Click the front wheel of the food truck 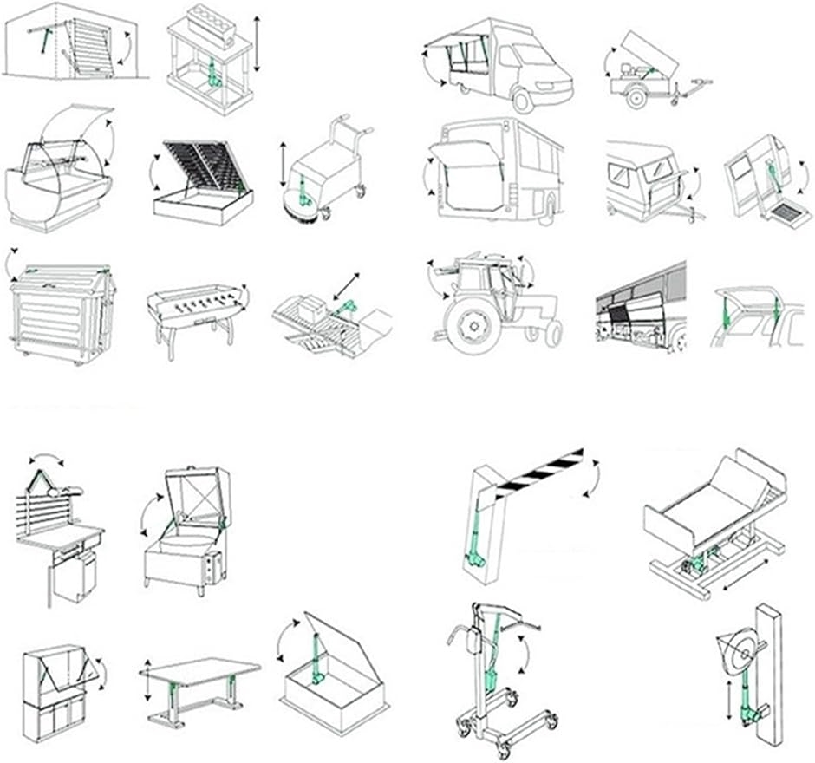522,100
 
